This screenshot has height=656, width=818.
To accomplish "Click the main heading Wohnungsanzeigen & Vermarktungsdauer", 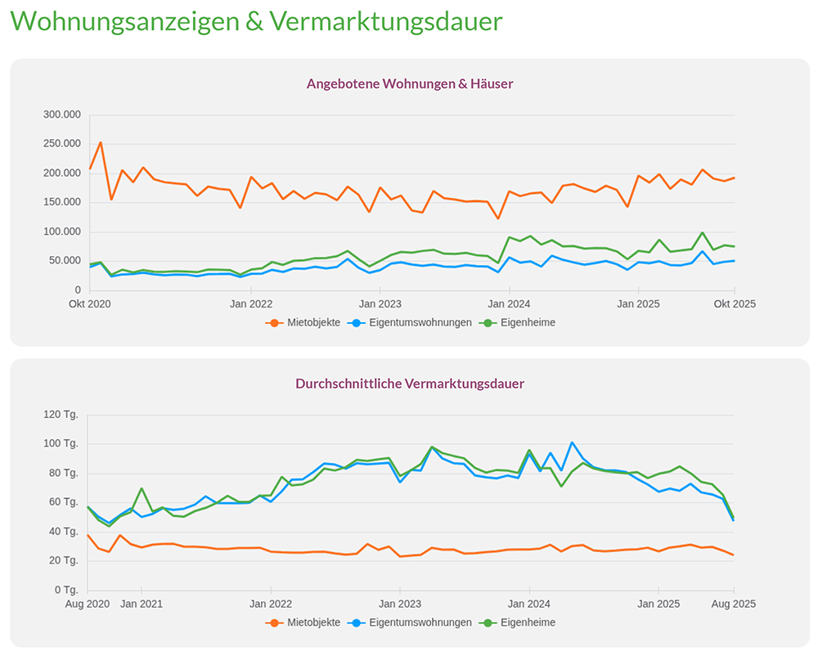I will coord(256,21).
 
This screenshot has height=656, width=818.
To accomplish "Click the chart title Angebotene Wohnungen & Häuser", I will coord(409,83).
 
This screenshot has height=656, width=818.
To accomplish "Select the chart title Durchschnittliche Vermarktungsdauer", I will coord(409,383).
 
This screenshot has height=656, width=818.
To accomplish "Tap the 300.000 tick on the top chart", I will coord(61,115).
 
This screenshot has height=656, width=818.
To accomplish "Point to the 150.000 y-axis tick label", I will coord(61,202).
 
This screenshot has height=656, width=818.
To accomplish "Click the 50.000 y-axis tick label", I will coord(65,261).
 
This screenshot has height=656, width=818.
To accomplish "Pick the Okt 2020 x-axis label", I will coord(90,303).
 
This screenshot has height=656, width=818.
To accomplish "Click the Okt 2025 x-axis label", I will coord(734,303).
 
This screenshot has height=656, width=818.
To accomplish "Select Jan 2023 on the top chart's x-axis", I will coord(380,303).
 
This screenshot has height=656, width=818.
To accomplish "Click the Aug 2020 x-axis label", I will coord(88,604).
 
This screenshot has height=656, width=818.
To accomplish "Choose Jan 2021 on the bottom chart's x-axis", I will coord(142,604).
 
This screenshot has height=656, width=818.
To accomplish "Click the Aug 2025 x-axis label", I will coord(733,604).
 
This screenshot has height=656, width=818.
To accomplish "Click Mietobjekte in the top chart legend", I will coord(311,322).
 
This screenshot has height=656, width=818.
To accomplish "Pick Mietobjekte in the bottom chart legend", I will coord(311,622).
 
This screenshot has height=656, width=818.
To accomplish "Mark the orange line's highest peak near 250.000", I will coord(101,142).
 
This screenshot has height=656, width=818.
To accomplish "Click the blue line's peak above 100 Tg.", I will coord(572,443).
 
